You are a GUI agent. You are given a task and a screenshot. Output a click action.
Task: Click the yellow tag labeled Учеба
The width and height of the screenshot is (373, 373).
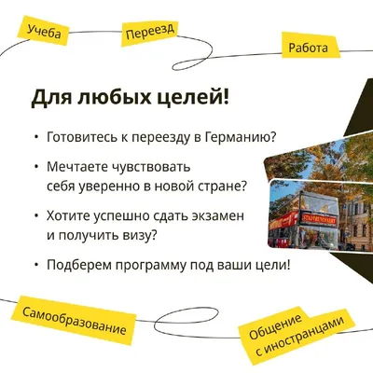(43, 32)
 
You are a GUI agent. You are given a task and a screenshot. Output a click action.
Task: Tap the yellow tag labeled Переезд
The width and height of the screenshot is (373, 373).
(150, 33)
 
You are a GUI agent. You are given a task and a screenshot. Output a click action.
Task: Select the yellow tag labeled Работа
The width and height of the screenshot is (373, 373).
(310, 47)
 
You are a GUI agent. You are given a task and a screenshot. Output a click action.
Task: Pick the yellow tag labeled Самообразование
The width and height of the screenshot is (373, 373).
(74, 320)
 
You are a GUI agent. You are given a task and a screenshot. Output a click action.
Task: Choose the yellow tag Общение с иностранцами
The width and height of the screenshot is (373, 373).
(297, 336)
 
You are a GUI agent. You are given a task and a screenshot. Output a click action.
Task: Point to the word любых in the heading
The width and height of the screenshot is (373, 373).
(117, 97)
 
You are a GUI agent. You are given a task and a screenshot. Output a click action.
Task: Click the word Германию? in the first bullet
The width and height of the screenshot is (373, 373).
(241, 137)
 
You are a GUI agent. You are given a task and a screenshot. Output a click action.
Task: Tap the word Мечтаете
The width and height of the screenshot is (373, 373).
(76, 167)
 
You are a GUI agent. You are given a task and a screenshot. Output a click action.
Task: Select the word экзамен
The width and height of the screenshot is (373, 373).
(217, 215)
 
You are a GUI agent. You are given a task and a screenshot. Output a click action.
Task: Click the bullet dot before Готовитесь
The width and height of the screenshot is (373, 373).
(37, 137)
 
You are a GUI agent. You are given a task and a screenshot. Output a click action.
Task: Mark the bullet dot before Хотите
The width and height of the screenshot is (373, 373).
(37, 216)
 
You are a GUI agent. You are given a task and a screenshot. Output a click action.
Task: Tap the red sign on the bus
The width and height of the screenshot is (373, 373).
(318, 218)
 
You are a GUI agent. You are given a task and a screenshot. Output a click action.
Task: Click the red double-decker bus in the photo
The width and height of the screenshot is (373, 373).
(303, 221)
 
